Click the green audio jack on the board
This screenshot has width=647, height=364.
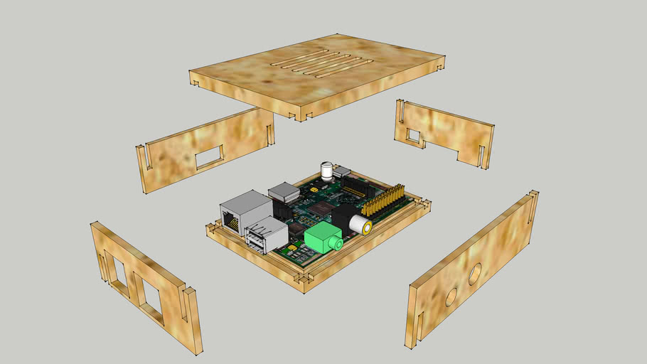pyautogui.click(x=322, y=239)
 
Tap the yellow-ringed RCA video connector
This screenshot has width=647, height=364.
pyautogui.click(x=360, y=225)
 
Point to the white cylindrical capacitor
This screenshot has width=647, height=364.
pyautogui.click(x=326, y=171)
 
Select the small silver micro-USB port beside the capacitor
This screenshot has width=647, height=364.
pyautogui.click(x=343, y=171)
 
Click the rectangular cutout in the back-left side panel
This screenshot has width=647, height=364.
pyautogui.click(x=208, y=156)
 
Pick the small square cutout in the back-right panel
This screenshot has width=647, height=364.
pyautogui.click(x=413, y=134)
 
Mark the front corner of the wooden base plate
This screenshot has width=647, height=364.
pyautogui.click(x=304, y=282)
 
